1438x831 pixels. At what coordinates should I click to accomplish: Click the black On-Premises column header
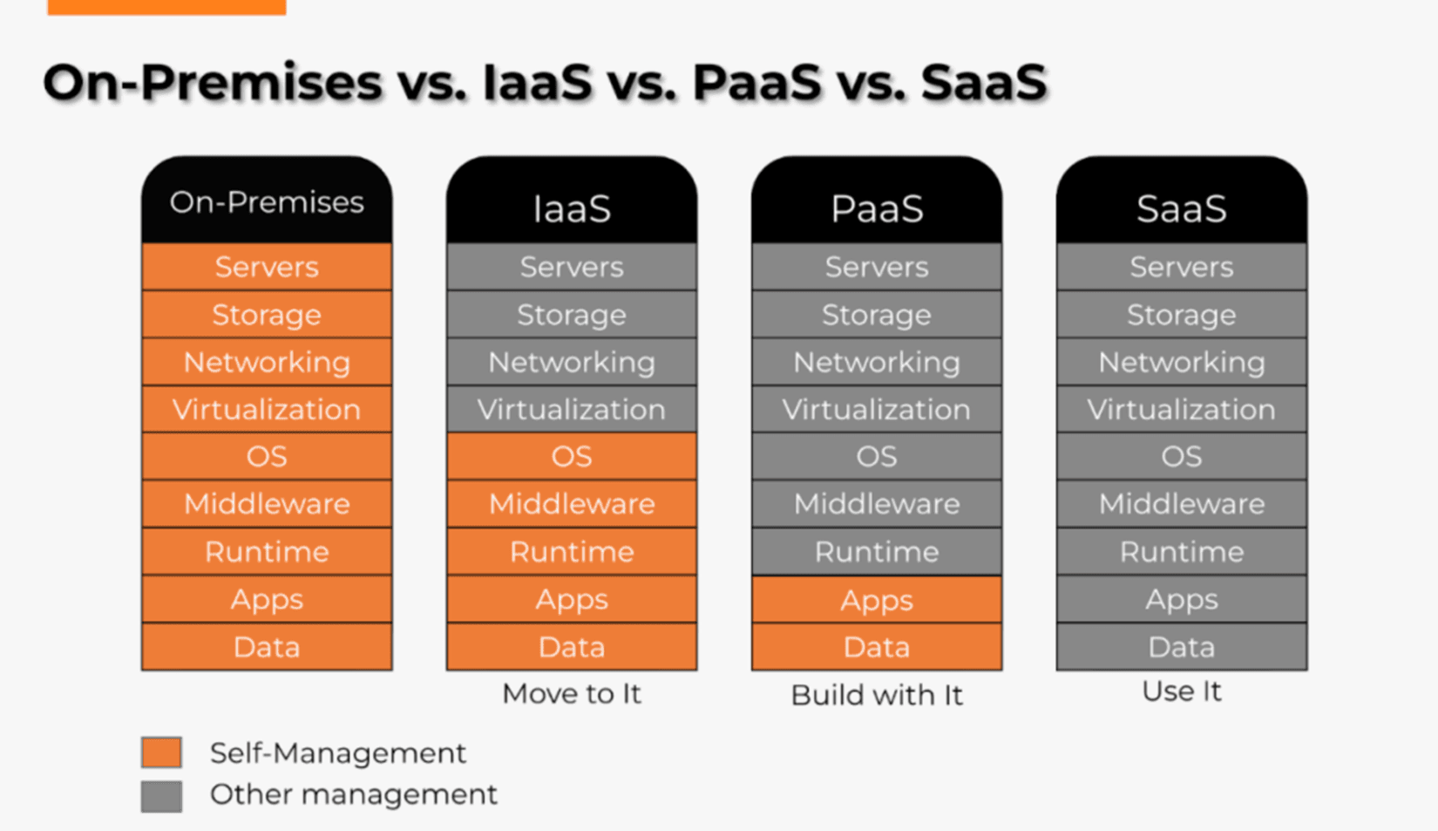click(x=267, y=202)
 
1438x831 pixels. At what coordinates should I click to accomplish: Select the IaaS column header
click(x=572, y=208)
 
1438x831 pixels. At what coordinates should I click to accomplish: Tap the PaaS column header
click(x=877, y=208)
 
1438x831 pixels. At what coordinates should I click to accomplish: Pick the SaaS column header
click(x=1182, y=208)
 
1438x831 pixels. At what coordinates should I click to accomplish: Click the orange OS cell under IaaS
click(x=572, y=456)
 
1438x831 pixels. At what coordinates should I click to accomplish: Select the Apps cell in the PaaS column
click(x=877, y=600)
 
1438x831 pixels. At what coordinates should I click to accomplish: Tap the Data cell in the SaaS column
click(x=1182, y=647)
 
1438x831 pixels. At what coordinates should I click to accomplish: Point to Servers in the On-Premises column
click(x=267, y=267)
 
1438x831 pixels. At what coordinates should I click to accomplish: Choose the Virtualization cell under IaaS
click(x=572, y=409)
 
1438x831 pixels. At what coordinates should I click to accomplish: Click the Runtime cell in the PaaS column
click(x=877, y=551)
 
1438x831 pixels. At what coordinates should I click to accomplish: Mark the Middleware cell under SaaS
click(x=1182, y=504)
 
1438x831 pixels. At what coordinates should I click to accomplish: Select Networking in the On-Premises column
click(x=267, y=362)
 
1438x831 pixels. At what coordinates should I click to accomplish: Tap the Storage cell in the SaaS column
click(x=1182, y=315)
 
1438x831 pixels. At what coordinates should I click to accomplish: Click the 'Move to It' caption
click(x=572, y=694)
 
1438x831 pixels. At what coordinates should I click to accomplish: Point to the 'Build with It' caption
click(x=877, y=695)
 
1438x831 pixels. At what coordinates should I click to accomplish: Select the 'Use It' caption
click(x=1182, y=691)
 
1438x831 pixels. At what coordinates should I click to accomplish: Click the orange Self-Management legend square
click(x=162, y=752)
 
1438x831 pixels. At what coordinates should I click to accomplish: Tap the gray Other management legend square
click(x=162, y=796)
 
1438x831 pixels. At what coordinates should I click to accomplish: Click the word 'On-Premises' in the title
click(x=213, y=83)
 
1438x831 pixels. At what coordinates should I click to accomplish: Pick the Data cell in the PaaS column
click(x=877, y=647)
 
